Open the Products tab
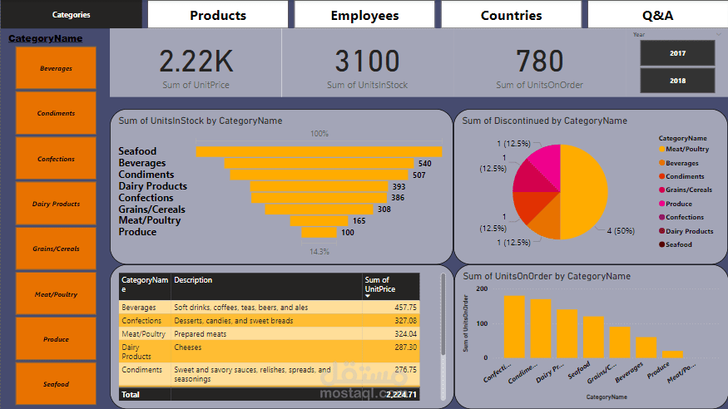pyautogui.click(x=218, y=15)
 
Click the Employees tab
pyautogui.click(x=364, y=15)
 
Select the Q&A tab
pyautogui.click(x=657, y=15)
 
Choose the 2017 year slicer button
pyautogui.click(x=677, y=53)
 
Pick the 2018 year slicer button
pyautogui.click(x=677, y=81)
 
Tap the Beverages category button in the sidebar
pyautogui.click(x=56, y=68)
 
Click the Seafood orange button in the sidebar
pyautogui.click(x=56, y=384)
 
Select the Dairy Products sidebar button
pyautogui.click(x=56, y=204)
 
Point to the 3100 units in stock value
pyautogui.click(x=367, y=62)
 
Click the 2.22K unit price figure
pyautogui.click(x=196, y=62)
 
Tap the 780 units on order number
pyautogui.click(x=539, y=62)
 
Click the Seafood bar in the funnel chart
pyautogui.click(x=319, y=151)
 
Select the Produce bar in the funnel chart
pyautogui.click(x=319, y=232)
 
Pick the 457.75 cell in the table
pyautogui.click(x=405, y=307)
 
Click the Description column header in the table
pyautogui.click(x=193, y=281)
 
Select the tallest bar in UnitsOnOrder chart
pyautogui.click(x=514, y=326)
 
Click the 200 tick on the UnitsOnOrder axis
pyautogui.click(x=482, y=288)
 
